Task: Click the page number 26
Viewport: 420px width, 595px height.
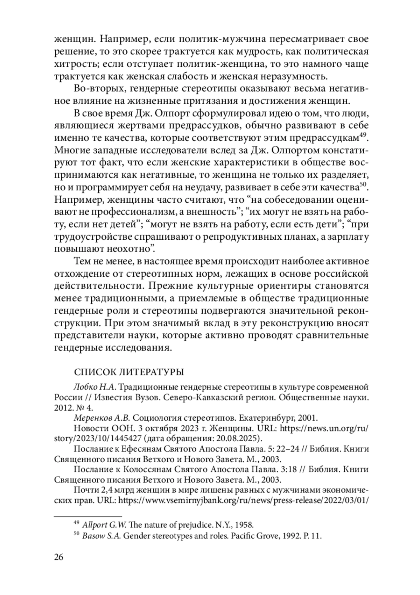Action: (59, 557)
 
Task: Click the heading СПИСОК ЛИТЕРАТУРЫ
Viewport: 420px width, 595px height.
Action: (129, 371)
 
